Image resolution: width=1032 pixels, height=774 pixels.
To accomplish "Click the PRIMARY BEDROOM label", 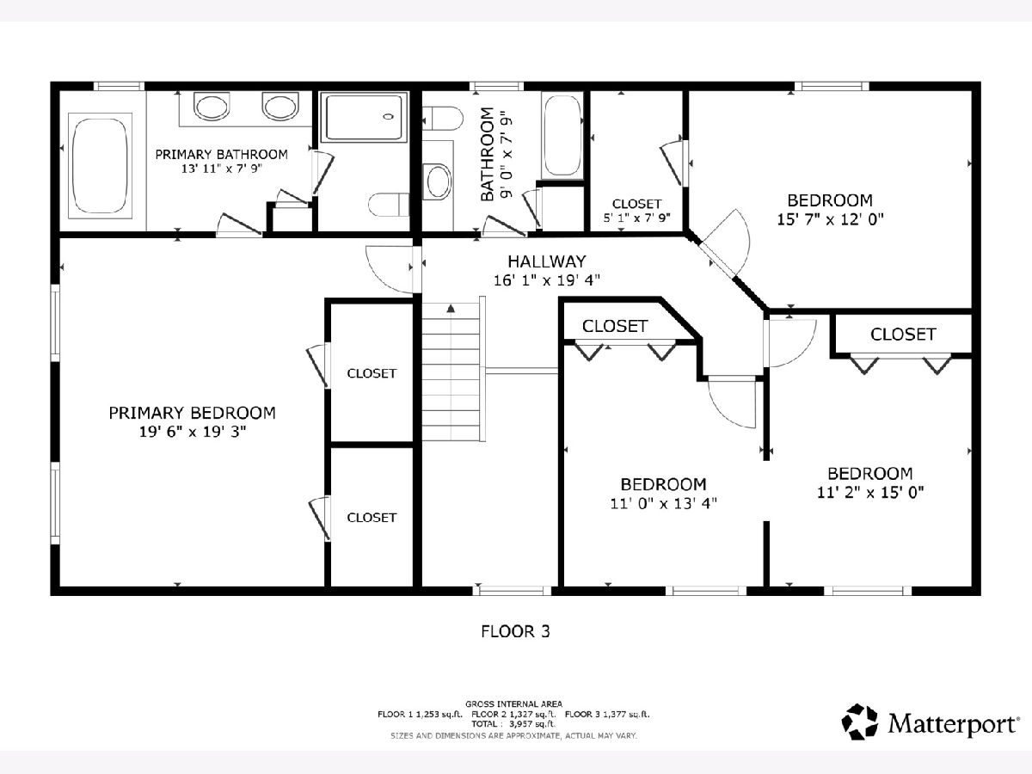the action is pyautogui.click(x=193, y=413).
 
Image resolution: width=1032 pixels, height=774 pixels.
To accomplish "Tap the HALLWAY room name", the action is pyautogui.click(x=547, y=261).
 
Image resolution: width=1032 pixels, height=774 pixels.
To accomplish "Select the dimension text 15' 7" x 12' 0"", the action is pyautogui.click(x=830, y=219).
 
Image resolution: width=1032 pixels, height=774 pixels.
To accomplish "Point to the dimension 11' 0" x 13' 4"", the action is pyautogui.click(x=663, y=503).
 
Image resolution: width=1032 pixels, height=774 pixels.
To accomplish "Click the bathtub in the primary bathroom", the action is pyautogui.click(x=100, y=166).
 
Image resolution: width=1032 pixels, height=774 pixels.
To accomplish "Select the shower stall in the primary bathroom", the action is pyautogui.click(x=364, y=117).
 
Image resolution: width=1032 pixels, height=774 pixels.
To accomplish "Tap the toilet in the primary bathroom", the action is pyautogui.click(x=389, y=205).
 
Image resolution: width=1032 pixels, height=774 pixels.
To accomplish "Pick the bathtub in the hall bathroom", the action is pyautogui.click(x=562, y=135).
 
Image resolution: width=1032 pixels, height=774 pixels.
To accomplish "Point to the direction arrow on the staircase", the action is pyautogui.click(x=451, y=309).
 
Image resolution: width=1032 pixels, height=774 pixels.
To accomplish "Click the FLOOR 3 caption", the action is pyautogui.click(x=515, y=631).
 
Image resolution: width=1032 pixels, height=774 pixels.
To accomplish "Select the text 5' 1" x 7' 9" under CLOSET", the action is pyautogui.click(x=636, y=218).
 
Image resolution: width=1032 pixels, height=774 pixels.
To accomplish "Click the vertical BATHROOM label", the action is pyautogui.click(x=488, y=155).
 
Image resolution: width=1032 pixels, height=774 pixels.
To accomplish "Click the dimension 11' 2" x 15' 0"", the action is pyautogui.click(x=870, y=493).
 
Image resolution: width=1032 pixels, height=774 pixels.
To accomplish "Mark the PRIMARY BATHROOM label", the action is pyautogui.click(x=221, y=154).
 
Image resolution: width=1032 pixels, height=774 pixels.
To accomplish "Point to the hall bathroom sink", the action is pyautogui.click(x=437, y=181).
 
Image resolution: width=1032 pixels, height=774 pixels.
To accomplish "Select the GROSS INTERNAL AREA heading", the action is pyautogui.click(x=514, y=704).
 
